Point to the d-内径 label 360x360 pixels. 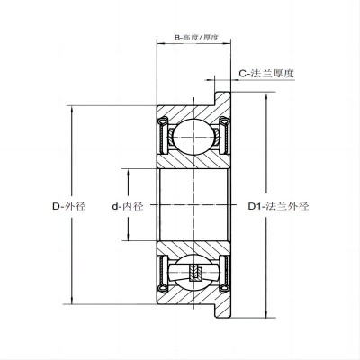pyautogui.click(x=130, y=206)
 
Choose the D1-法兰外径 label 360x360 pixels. pyautogui.click(x=277, y=206)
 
